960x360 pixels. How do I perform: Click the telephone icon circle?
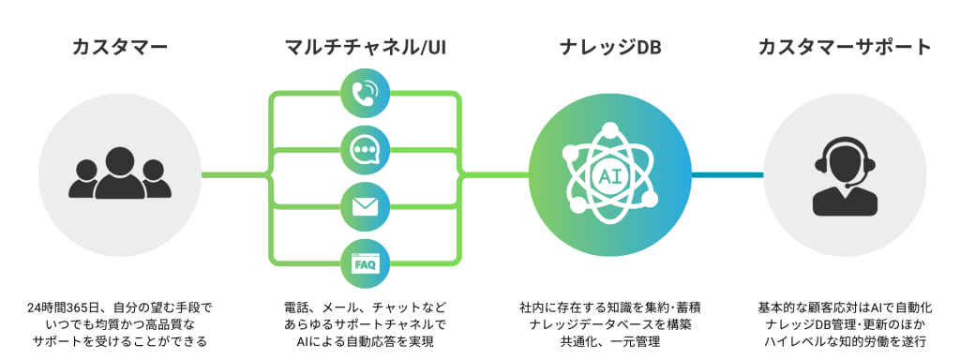click(364, 91)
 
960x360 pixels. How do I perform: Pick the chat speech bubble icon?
click(364, 149)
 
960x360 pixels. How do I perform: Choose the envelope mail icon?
click(364, 207)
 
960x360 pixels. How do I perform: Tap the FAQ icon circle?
click(364, 264)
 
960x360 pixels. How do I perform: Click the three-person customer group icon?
click(119, 175)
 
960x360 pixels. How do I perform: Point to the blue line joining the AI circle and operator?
click(727, 174)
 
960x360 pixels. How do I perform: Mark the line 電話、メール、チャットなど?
click(365, 307)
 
